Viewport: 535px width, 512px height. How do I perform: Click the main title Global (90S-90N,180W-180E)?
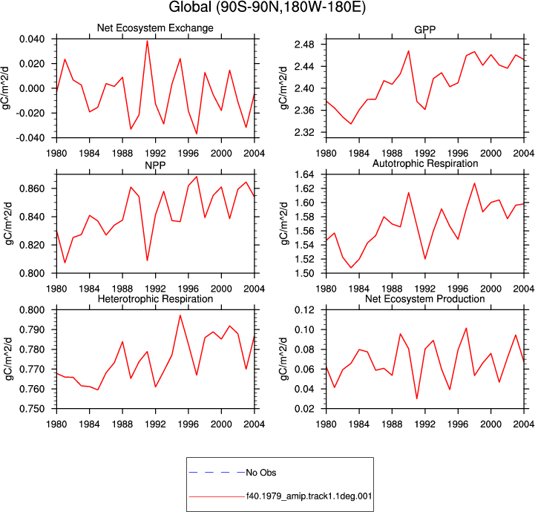[267, 7]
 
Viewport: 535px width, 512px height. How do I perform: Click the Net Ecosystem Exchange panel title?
[155, 27]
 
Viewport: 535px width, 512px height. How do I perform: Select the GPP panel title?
[424, 30]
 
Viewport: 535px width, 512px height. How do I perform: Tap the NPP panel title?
[155, 165]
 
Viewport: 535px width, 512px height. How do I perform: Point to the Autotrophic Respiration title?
[425, 163]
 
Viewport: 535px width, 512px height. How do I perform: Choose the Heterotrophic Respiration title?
[155, 299]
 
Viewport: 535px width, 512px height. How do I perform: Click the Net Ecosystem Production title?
[424, 299]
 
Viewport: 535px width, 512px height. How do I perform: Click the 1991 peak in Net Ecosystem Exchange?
[147, 41]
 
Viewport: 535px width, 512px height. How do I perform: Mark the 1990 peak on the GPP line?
[408, 50]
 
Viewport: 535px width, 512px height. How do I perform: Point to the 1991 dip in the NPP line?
[147, 260]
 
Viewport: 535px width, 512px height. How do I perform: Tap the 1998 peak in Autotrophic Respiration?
[474, 183]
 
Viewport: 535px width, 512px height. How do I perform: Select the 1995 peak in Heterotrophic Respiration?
[180, 315]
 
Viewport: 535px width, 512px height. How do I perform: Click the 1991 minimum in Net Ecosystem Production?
[416, 398]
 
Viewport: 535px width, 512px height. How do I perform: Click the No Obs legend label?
[261, 473]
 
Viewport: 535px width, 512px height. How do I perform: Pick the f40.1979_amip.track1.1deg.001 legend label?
[309, 496]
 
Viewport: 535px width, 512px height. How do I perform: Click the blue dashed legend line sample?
[217, 473]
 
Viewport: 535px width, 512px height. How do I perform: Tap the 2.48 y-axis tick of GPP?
[304, 45]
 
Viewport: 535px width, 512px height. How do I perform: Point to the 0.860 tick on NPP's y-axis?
[32, 188]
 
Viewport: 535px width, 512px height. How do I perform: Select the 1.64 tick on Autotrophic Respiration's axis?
[304, 174]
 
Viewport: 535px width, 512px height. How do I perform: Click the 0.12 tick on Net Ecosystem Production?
[304, 310]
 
